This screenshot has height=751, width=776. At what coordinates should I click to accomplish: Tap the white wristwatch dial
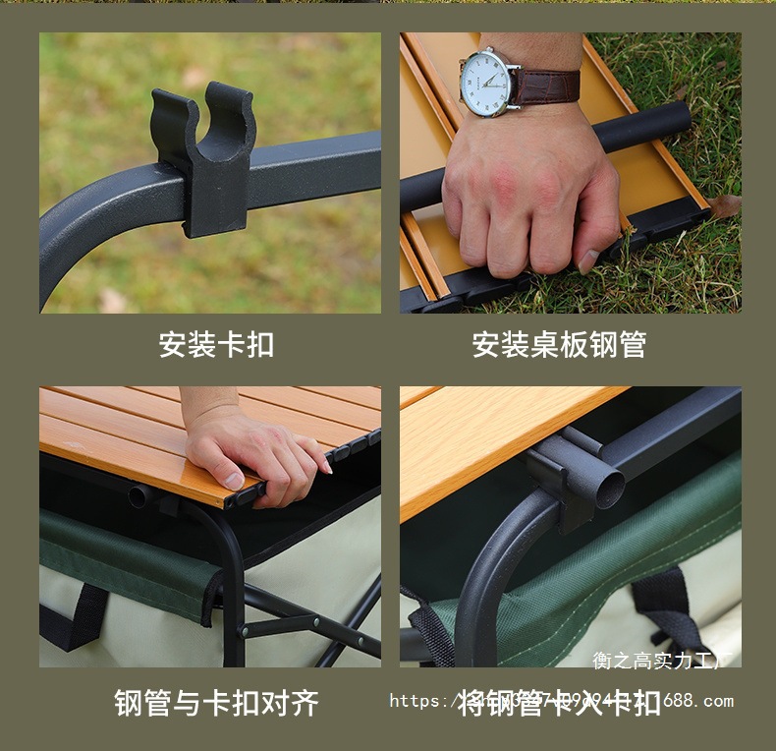click(488, 82)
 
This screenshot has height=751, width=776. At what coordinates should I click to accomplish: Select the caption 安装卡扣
click(216, 345)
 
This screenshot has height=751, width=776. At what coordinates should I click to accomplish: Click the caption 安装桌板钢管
click(559, 345)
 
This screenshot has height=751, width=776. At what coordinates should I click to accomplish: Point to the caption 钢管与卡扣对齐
click(216, 703)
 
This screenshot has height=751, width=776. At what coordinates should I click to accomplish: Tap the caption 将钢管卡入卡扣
click(561, 703)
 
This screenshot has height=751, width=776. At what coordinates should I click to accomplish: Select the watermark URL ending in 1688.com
click(561, 701)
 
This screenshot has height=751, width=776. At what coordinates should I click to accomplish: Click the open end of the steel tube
click(610, 486)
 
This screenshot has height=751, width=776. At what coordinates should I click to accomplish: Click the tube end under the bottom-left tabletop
click(138, 496)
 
